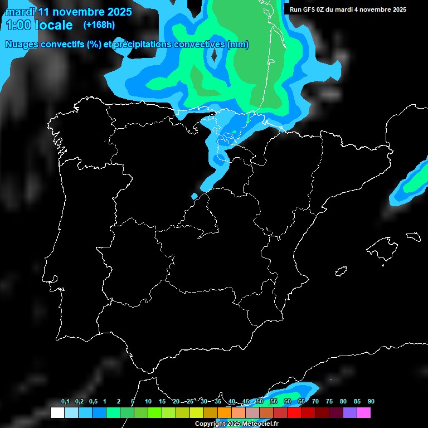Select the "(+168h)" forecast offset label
point(99,25)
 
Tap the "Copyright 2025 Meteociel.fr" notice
point(236,424)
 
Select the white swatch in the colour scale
point(57,413)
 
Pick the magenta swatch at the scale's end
point(363,413)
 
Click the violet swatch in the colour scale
point(349,413)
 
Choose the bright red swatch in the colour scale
point(294,413)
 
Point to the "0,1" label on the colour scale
point(65,402)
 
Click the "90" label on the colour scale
point(371,402)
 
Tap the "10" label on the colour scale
point(148,402)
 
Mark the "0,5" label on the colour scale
point(93,402)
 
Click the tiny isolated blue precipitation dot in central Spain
point(194,196)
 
